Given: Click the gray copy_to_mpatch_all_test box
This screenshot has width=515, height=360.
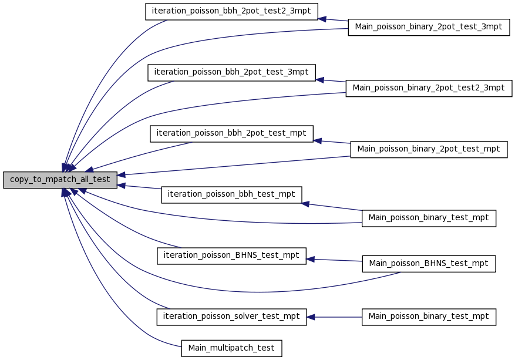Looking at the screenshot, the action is (60, 180).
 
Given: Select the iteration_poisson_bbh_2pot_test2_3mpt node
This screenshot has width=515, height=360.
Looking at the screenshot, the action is (231, 12).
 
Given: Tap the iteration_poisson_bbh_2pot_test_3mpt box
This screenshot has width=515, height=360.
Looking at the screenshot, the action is (231, 73).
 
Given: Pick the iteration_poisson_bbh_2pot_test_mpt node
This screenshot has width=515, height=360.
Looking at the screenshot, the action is (231, 134).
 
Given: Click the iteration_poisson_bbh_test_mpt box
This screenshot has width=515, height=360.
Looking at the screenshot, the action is (231, 195).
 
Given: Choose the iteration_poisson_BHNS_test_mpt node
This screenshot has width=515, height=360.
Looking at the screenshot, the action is (231, 256).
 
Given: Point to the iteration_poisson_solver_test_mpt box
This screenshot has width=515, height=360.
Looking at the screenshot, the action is (231, 317).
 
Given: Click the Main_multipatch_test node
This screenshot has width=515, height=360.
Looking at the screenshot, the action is (231, 348).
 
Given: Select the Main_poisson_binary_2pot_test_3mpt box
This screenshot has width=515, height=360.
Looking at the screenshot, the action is (429, 27).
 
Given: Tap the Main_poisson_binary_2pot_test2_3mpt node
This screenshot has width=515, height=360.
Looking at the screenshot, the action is (429, 88).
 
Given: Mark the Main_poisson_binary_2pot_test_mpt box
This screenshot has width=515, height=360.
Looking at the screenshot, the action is (429, 149).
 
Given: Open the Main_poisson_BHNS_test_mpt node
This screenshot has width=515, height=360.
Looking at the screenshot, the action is (429, 264).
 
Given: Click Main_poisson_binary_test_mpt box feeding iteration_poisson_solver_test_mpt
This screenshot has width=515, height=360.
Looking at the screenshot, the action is (429, 317).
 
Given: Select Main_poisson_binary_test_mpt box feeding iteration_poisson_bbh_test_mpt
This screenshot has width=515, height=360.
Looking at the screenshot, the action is (429, 218).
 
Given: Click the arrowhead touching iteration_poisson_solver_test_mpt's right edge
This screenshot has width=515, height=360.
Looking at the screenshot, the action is (311, 317).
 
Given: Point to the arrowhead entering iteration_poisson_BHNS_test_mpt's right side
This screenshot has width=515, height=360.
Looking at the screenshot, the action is (311, 260).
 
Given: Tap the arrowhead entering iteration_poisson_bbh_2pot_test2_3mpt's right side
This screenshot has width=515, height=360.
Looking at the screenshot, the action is (322, 19).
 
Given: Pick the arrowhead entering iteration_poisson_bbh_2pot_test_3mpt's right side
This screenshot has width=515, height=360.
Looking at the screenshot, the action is (320, 80).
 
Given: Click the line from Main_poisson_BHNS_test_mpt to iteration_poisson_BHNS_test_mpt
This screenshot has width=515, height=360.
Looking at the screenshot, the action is (334, 260).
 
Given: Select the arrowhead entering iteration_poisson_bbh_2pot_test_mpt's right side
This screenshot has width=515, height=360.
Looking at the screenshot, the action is (318, 141).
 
